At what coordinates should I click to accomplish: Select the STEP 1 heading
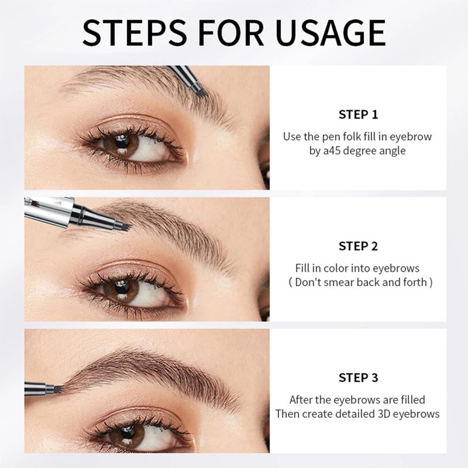pos(358,114)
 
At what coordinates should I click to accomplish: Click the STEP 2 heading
pos(358,246)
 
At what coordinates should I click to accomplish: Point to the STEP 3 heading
pos(358,378)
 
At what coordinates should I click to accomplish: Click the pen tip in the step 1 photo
pos(199,90)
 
